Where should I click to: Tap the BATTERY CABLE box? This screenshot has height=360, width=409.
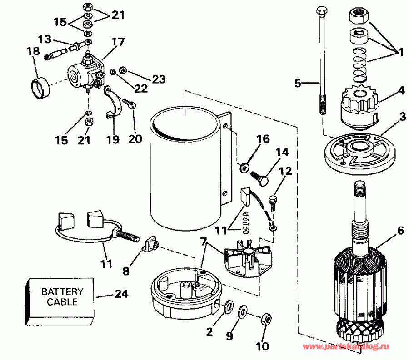[x=62, y=296]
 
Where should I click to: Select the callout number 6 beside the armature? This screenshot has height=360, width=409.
[x=400, y=231]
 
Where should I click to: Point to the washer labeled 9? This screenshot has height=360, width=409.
[x=244, y=311]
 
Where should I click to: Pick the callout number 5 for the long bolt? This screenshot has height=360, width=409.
[x=298, y=83]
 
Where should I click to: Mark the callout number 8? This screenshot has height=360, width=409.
[x=126, y=271]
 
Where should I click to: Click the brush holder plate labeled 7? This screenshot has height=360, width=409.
[x=248, y=259]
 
